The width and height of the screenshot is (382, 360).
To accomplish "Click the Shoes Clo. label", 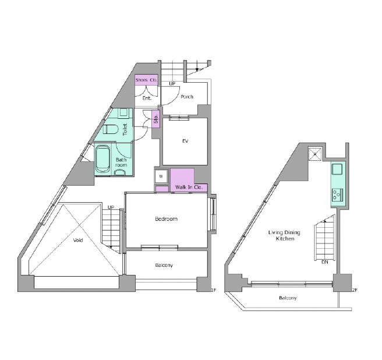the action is point(146,80).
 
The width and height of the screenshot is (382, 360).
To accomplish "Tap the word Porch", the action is point(187,97).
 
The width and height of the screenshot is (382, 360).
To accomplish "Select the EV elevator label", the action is point(185,141).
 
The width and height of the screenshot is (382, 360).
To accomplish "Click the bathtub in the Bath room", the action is point(102,158).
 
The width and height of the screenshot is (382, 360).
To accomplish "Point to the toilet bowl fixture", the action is point(111,129).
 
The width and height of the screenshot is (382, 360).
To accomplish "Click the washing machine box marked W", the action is point(161,177).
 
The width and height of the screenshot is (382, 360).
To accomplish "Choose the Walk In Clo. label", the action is point(189,187).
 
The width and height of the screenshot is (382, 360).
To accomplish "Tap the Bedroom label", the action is point(166,219).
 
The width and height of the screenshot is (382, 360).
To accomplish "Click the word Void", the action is point(78,241).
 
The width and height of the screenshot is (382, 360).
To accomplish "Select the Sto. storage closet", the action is point(156,119).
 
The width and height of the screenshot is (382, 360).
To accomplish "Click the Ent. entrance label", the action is point(147,98).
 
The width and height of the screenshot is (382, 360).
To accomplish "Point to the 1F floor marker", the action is point(213,290).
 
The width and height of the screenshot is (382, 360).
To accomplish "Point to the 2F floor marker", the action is point(355,290).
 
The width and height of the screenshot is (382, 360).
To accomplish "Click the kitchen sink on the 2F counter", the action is point(337,169).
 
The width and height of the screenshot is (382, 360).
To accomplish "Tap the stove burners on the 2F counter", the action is point(337,195).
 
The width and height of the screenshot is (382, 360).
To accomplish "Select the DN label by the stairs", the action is point(325,262).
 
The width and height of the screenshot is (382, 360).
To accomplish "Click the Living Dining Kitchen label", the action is point(284,235).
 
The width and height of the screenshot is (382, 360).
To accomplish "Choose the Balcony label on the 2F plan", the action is point(288,298).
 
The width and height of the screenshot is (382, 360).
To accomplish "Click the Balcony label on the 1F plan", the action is point(164,265).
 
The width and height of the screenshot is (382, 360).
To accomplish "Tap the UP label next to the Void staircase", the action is point(111,207).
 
